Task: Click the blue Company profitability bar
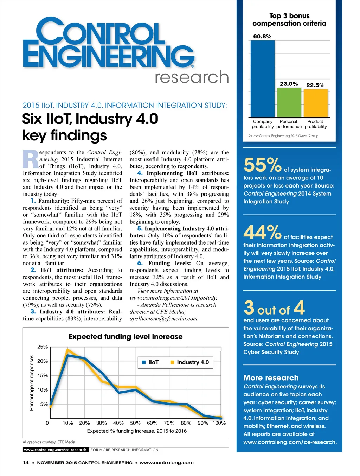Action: [x=262, y=79]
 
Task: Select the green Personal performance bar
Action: [x=289, y=102]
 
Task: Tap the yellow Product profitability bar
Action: [x=315, y=103]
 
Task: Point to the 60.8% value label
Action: [x=262, y=36]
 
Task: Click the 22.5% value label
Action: [x=315, y=85]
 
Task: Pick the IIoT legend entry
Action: [x=150, y=362]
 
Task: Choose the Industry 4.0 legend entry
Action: [x=189, y=362]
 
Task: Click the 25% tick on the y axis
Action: [x=43, y=347]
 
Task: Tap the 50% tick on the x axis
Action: [x=135, y=423]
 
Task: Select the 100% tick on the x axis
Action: [x=219, y=423]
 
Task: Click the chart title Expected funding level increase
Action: [x=126, y=337]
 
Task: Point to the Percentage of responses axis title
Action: [x=32, y=383]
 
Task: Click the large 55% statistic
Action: [x=262, y=165]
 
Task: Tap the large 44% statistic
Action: [x=262, y=232]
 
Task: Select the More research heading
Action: [x=271, y=378]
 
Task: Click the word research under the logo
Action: [x=192, y=77]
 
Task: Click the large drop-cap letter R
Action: [x=31, y=159]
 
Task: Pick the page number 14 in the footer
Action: [x=26, y=463]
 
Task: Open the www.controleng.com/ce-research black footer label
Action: [x=55, y=450]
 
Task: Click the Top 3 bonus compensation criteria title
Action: [x=289, y=20]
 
